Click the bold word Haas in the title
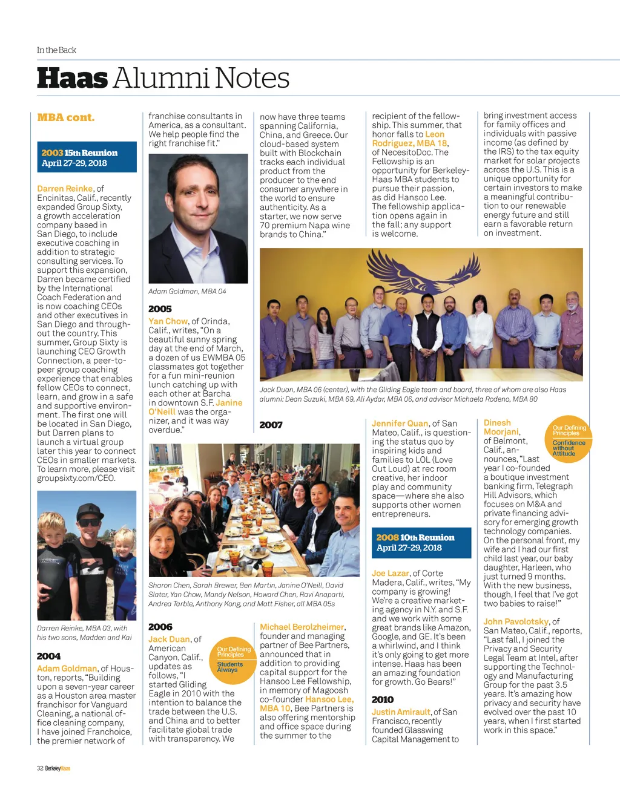coord(72,79)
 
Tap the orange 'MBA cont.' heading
coord(65,117)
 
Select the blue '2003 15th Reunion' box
coord(87,157)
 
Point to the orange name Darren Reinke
coord(65,189)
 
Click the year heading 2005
coord(160,309)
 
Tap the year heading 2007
coord(271,425)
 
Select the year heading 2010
coord(383,699)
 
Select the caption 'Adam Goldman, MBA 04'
coord(187,292)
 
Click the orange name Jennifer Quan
coord(400,424)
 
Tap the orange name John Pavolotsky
coord(516,621)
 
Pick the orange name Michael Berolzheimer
coord(302,627)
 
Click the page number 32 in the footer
coord(40,768)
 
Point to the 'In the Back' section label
coord(56,50)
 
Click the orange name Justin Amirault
coord(401,712)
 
